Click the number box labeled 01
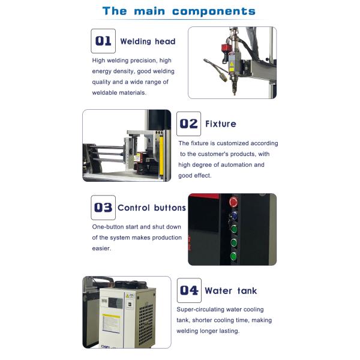103,41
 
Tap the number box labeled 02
188,124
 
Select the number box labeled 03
103,208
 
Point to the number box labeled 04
189,290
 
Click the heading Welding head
148,41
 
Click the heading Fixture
221,124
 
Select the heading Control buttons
152,208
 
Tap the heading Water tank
231,290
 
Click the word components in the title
214,11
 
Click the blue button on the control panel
234,216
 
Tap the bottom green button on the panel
233,256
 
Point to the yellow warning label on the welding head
232,64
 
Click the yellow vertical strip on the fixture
161,154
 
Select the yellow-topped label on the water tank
112,323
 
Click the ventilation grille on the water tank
146,323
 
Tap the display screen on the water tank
115,303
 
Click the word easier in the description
101,248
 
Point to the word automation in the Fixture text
236,165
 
